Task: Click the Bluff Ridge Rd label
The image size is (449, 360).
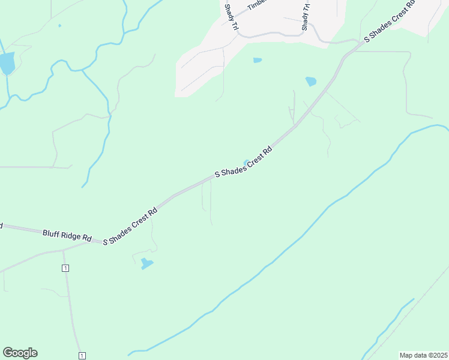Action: point(67,235)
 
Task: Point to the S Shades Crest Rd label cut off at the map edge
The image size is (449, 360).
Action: point(390,22)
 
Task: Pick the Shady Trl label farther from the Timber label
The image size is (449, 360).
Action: point(306,18)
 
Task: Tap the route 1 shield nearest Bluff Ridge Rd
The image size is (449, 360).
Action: point(65,268)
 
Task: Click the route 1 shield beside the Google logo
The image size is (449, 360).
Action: point(82,356)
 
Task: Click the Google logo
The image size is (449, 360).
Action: point(20,353)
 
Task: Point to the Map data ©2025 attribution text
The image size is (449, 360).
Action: point(423,355)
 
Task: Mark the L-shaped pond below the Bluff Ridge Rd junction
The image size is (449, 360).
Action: point(146,263)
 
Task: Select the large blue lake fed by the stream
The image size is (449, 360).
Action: point(7,63)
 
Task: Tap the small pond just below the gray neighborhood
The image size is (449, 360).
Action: point(258,60)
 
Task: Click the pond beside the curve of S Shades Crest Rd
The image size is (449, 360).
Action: point(310,81)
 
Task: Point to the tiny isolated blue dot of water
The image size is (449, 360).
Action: point(59,26)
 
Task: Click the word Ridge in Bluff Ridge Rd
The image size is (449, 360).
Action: point(71,235)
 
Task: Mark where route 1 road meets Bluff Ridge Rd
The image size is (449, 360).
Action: point(63,250)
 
